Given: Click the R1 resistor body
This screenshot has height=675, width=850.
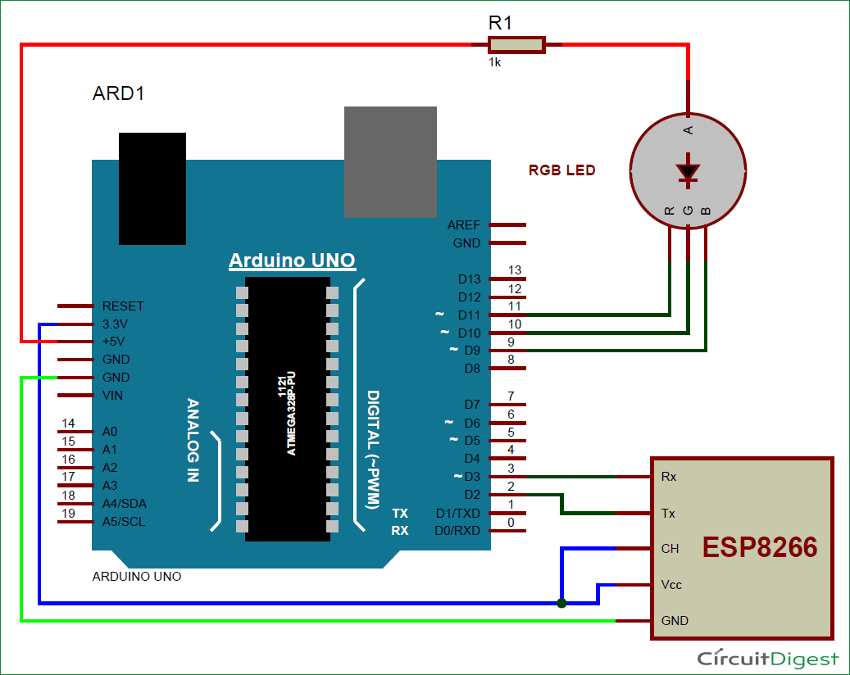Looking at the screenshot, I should [x=516, y=45].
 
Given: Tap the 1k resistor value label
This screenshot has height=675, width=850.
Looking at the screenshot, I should [x=494, y=62].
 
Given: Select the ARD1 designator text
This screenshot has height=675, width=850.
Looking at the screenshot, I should [x=119, y=93].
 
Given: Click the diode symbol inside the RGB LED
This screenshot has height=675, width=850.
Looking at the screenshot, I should [x=688, y=170].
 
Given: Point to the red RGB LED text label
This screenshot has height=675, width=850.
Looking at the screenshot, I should [x=562, y=170].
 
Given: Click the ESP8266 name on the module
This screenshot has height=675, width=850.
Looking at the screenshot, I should [x=759, y=548].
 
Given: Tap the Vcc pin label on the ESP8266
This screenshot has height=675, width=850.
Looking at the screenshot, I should [x=671, y=585].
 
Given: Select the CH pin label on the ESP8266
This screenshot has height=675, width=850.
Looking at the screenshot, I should [x=670, y=549].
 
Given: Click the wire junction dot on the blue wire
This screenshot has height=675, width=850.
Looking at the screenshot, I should [x=561, y=604].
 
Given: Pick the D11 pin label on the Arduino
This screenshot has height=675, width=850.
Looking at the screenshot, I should [x=470, y=315].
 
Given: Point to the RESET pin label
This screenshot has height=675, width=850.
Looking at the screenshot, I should [x=123, y=306].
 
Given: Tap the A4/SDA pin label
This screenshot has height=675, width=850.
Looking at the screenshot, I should [x=125, y=503].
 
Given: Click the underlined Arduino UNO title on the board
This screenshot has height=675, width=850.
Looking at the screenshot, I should [x=292, y=260].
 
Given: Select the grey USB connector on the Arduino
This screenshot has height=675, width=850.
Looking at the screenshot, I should [x=391, y=161].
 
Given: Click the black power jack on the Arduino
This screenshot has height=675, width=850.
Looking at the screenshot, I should [x=152, y=188].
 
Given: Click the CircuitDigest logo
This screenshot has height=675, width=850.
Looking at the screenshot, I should [x=767, y=659].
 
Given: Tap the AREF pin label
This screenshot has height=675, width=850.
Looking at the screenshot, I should [x=464, y=225].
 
